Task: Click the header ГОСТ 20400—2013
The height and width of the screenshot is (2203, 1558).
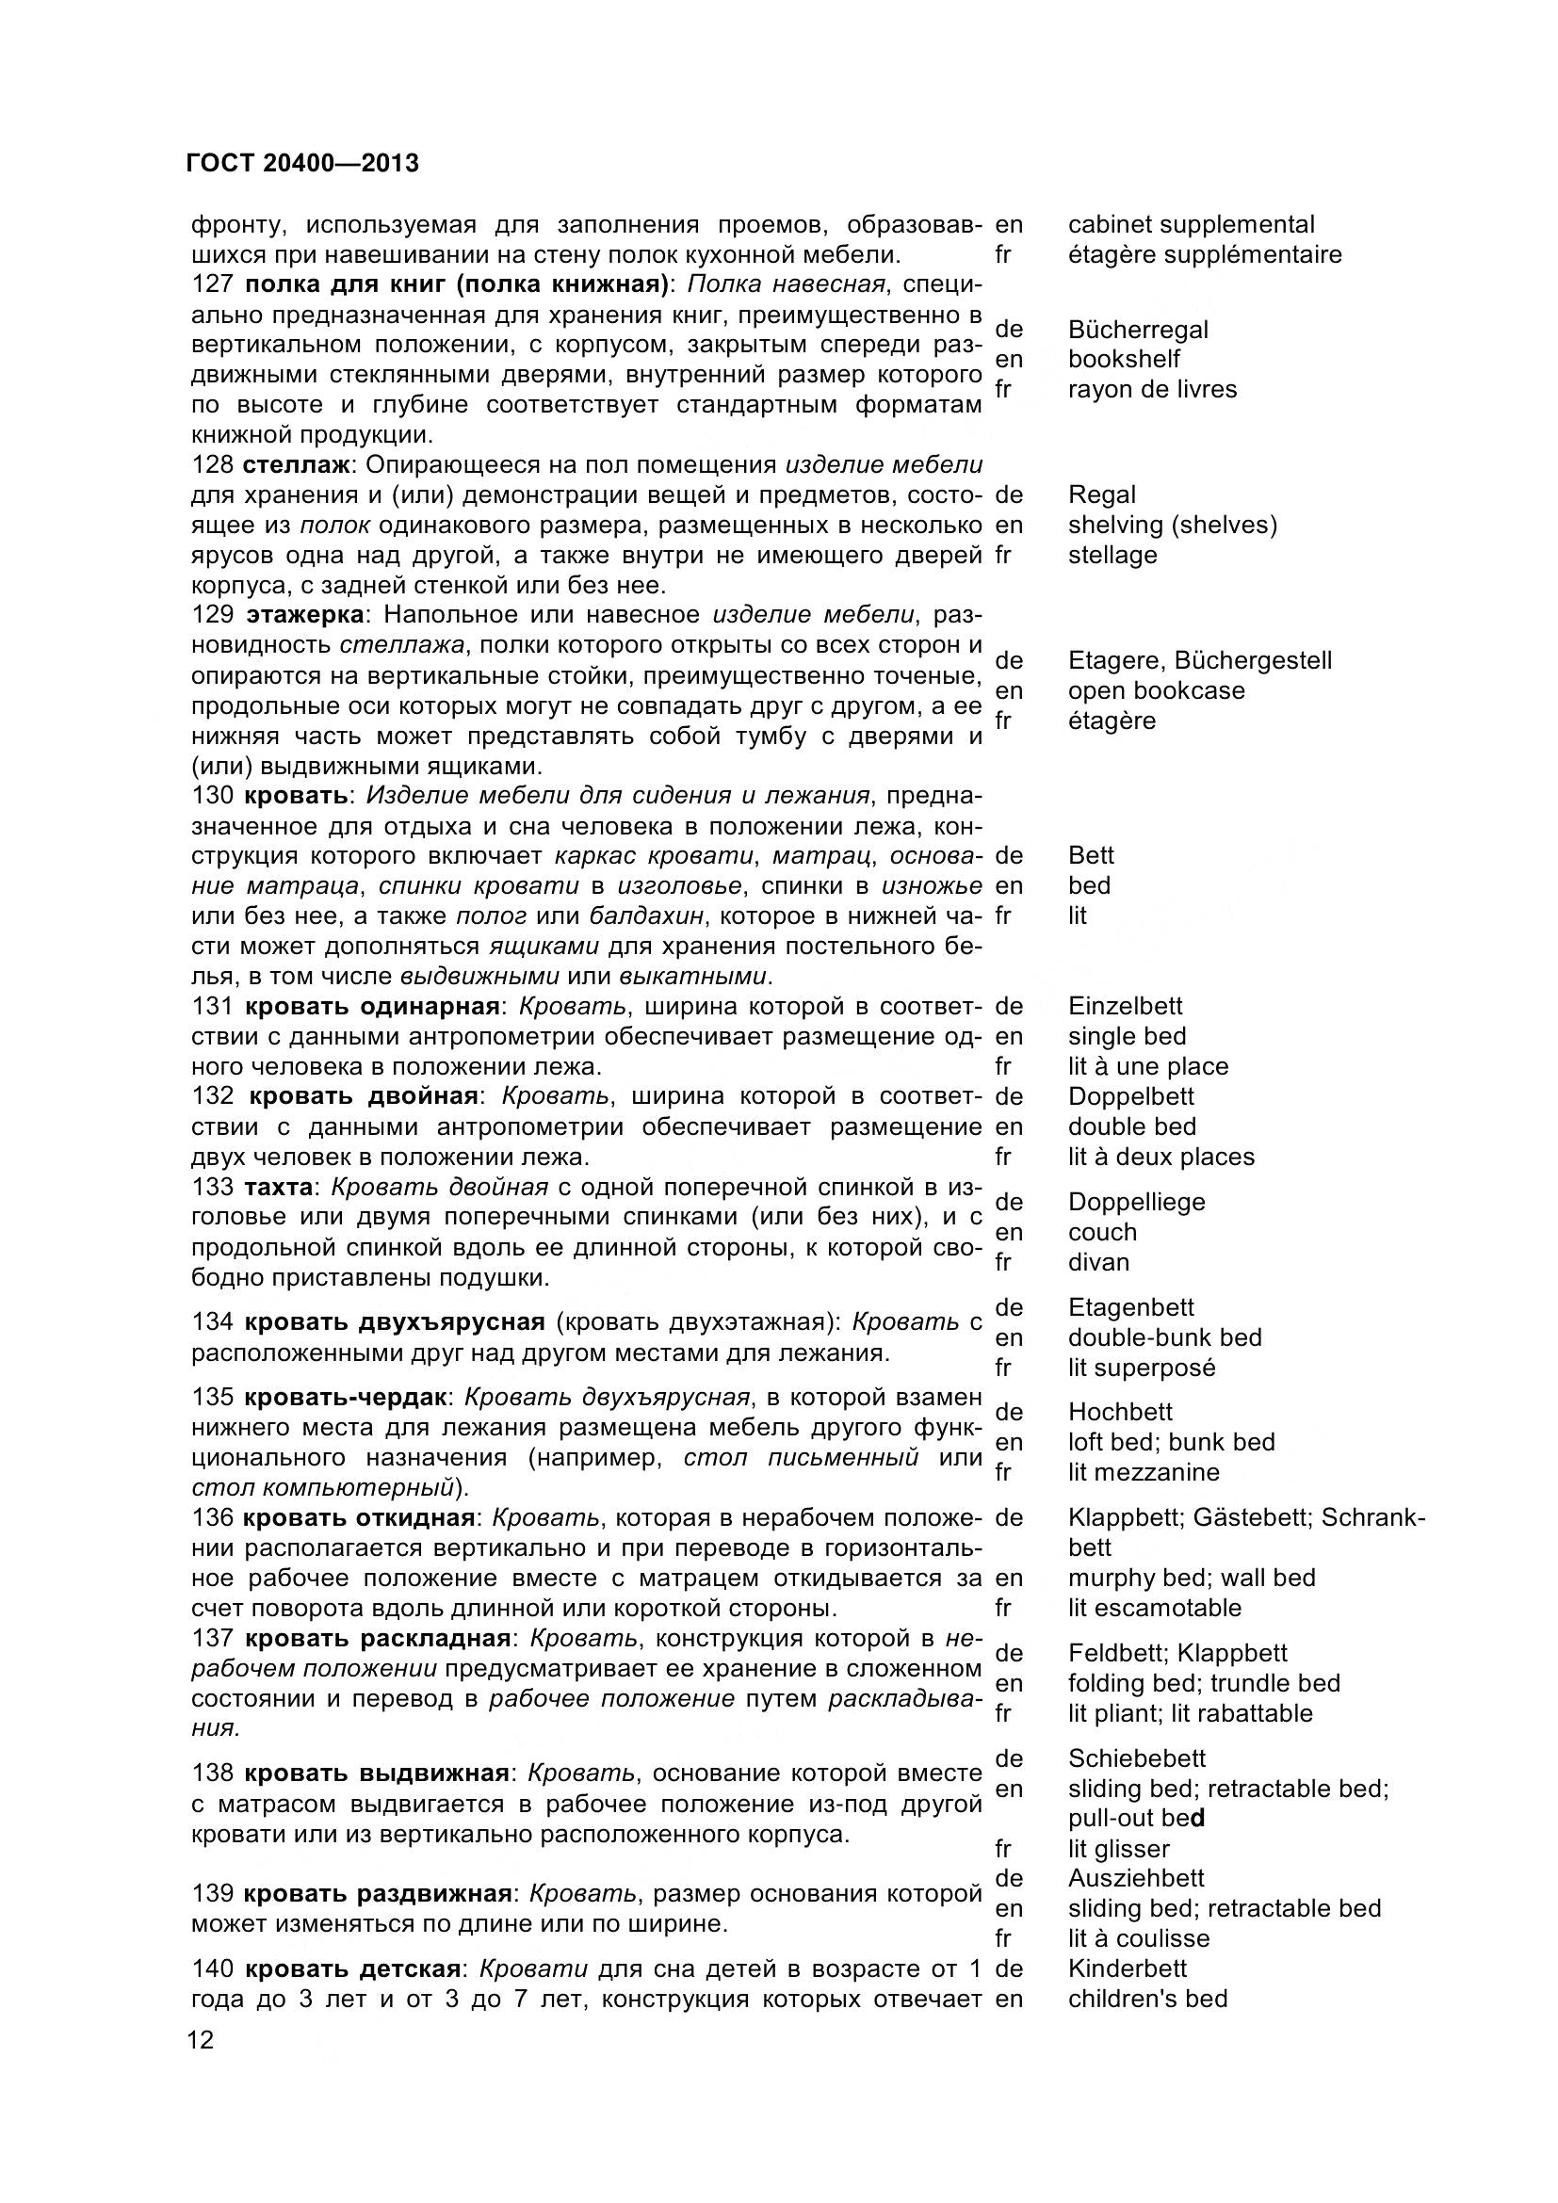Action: (x=302, y=164)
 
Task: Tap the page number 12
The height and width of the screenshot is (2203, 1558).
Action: (x=202, y=2040)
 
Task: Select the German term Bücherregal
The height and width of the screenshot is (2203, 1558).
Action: (x=1138, y=330)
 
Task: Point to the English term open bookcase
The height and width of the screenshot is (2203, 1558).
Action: (x=1156, y=690)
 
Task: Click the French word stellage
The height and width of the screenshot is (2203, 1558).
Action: (x=1112, y=556)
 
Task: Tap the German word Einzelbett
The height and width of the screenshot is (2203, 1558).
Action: (x=1126, y=1007)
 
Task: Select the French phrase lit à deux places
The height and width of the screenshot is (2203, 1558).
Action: (x=1160, y=1158)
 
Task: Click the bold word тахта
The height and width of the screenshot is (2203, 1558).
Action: (x=278, y=1188)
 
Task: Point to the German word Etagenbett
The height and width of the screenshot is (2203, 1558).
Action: (x=1131, y=1308)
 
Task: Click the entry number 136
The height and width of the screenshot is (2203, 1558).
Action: (x=212, y=1518)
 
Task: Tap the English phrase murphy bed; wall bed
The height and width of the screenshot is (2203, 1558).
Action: (x=1192, y=1579)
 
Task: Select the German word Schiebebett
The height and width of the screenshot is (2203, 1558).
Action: (x=1137, y=1758)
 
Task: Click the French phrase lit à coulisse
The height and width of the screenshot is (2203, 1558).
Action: (x=1139, y=1939)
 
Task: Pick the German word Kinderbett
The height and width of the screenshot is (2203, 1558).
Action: (x=1128, y=1968)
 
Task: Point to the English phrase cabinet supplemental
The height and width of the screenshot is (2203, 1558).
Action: (x=1191, y=224)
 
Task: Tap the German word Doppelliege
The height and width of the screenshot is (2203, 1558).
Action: (x=1136, y=1202)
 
